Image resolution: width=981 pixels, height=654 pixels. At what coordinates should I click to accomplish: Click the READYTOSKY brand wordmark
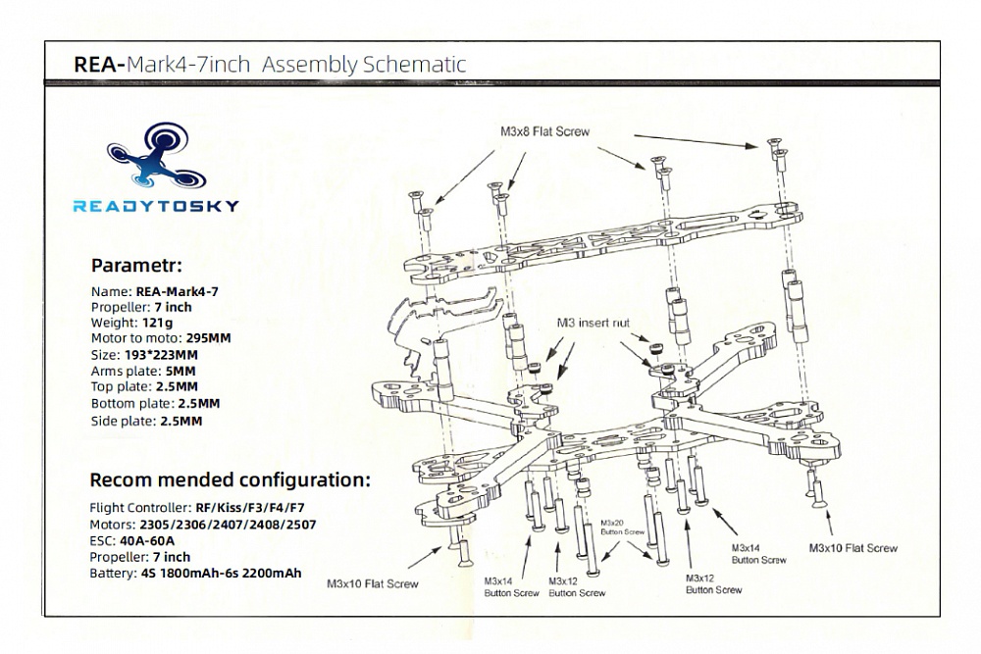coord(155,206)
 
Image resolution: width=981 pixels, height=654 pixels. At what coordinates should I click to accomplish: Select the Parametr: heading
coord(136,266)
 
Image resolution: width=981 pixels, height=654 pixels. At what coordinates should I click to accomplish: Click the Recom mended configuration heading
coord(231,480)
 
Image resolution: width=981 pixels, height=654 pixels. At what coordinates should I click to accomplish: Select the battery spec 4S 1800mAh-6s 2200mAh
coord(221,573)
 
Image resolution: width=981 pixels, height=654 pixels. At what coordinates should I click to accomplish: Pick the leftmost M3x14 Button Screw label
coord(511,587)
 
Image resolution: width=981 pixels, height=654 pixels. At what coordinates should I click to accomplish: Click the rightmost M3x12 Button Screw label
coord(713,583)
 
